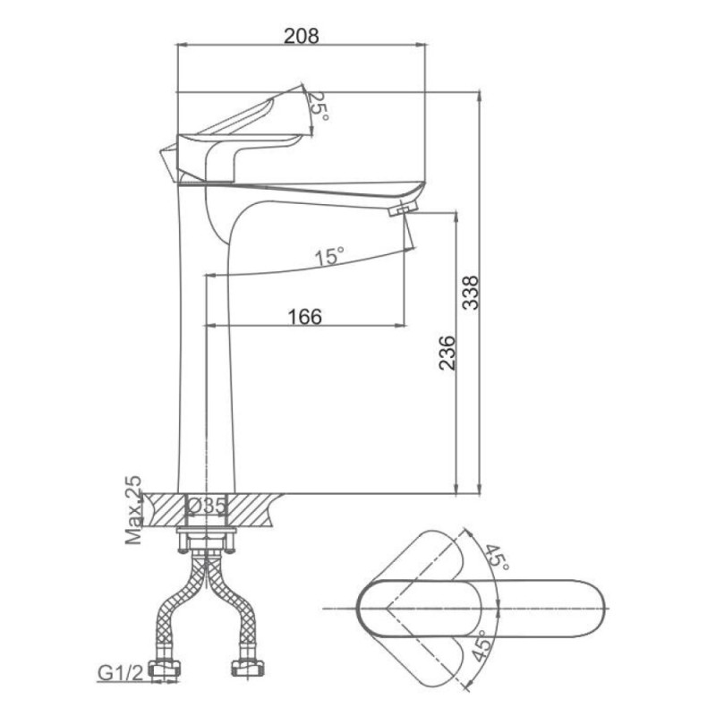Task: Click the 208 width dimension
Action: point(302,36)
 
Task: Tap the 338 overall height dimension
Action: point(471,293)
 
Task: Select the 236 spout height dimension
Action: point(447,353)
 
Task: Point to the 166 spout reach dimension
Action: point(304,317)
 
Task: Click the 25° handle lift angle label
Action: point(319,107)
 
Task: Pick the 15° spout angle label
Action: point(329,256)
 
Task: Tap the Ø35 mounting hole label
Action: point(208,506)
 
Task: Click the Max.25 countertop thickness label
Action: point(133,510)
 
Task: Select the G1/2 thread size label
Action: point(121,673)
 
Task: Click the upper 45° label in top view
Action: point(496,557)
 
